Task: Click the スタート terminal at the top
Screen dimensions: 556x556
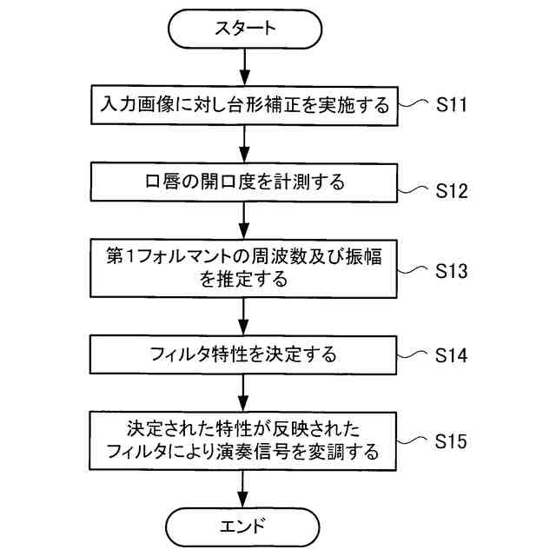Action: pos(248,30)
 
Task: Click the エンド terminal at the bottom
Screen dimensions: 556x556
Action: pos(248,525)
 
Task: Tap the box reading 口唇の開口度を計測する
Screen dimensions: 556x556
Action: pos(248,182)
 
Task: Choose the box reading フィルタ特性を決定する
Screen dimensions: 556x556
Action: pos(248,355)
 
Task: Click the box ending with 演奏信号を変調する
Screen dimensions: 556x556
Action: pos(248,441)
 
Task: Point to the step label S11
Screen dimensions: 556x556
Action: pos(452,105)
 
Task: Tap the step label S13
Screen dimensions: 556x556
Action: pos(452,270)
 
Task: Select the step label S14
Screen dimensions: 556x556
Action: pos(452,355)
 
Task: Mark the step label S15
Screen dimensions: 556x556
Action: pos(452,442)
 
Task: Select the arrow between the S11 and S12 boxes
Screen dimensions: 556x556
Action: pos(248,143)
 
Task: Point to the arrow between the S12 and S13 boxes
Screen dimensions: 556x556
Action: pos(248,221)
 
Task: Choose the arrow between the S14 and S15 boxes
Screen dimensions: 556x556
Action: pos(248,393)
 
